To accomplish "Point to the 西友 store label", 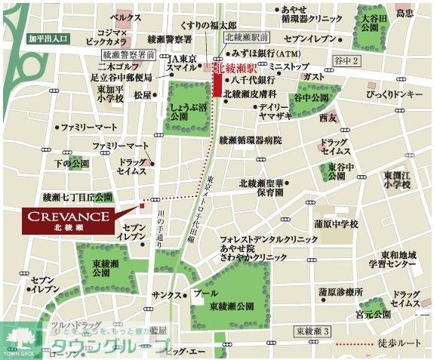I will pos(325,118).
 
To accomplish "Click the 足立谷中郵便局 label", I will pos(121,77).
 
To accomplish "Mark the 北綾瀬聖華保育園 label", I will pos(260,187).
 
